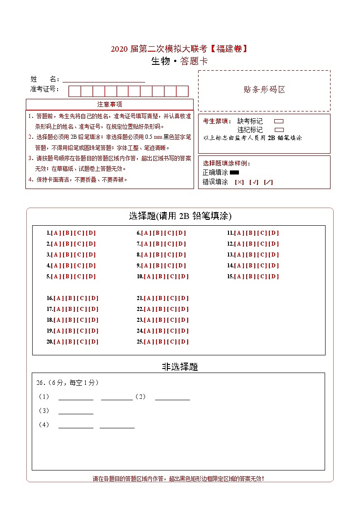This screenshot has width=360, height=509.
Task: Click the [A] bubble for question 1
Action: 56,233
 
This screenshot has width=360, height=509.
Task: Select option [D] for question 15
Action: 274,276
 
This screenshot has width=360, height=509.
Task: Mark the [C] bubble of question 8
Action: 170,255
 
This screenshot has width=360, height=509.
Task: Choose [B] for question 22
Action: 161,309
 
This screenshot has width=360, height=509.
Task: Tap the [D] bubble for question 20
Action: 93,342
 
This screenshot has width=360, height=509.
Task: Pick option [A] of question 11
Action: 239,233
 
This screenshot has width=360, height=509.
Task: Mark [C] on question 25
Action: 172,342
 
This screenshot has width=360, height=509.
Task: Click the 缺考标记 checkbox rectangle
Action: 279,121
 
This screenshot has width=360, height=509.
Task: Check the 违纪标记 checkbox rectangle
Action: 279,130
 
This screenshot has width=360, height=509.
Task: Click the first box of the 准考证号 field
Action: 75,91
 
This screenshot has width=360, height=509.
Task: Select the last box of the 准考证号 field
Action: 182,91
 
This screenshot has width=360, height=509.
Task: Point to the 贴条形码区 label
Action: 264,90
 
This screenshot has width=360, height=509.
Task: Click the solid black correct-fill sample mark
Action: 234,172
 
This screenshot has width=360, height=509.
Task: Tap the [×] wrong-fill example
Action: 239,182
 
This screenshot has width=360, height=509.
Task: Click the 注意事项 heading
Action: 109,105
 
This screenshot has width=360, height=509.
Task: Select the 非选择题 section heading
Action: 180,367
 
